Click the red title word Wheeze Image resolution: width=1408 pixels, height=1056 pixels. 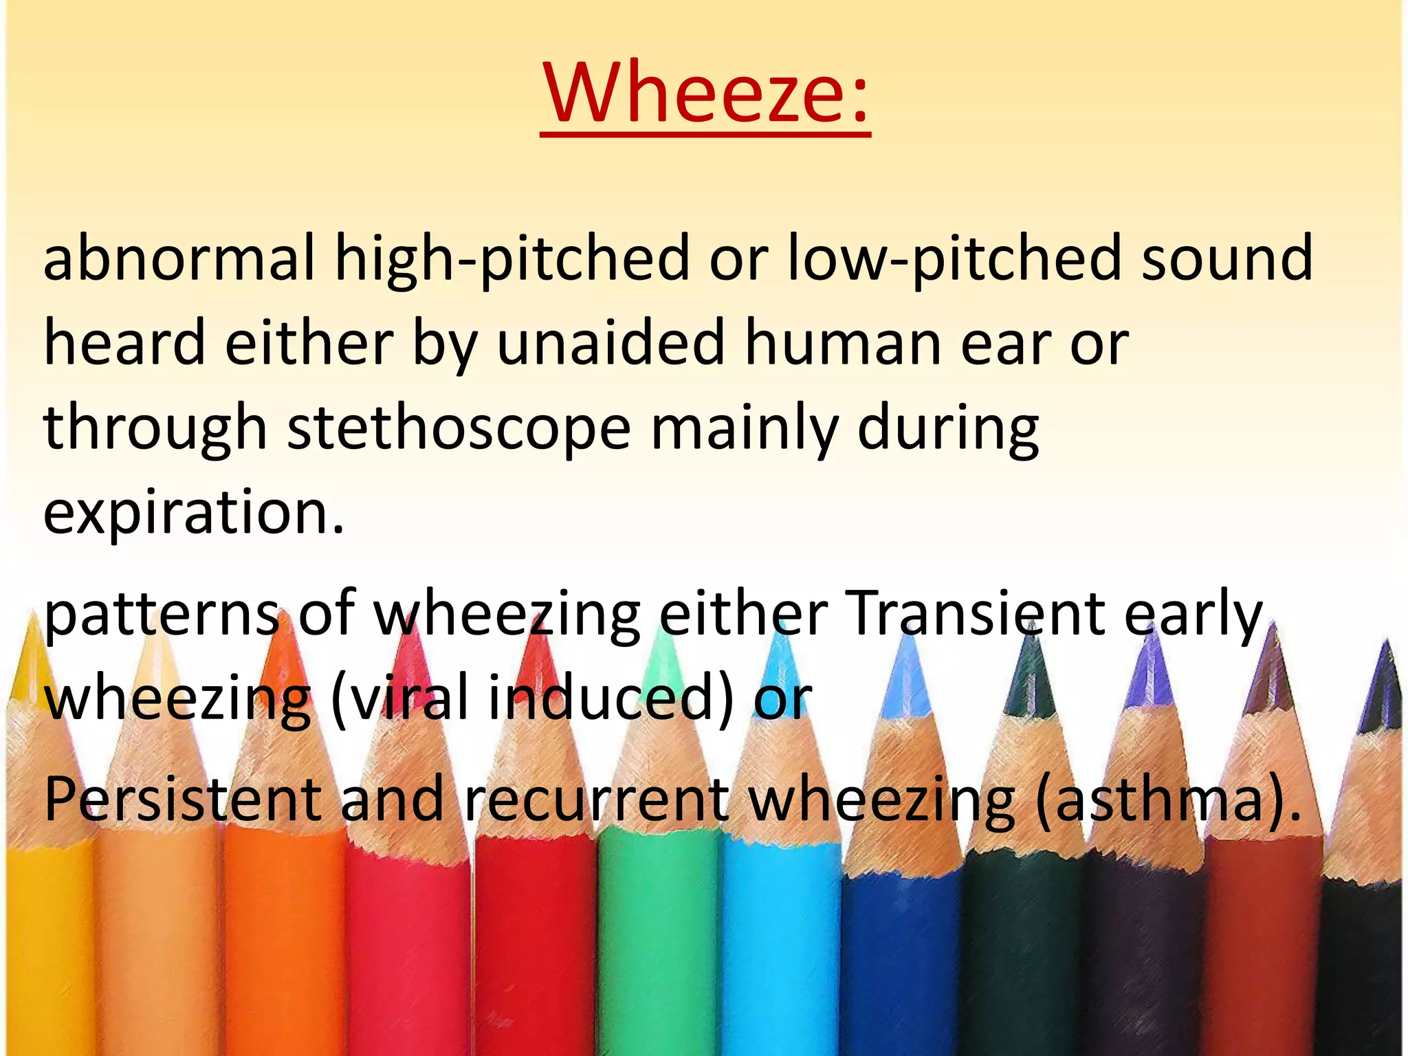pos(705,93)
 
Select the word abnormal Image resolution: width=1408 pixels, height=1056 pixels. pos(179,258)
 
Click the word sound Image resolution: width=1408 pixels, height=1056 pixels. pos(1227,258)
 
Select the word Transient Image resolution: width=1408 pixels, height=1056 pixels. pos(976,613)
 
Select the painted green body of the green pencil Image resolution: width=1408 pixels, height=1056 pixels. pos(660,949)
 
